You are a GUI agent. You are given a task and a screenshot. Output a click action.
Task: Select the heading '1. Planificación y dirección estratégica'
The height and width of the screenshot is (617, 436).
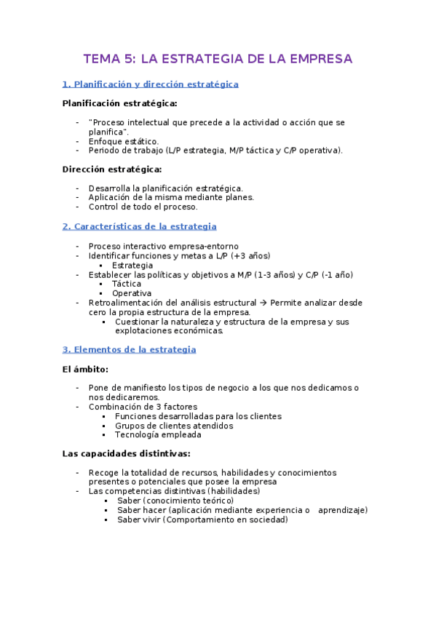(x=151, y=84)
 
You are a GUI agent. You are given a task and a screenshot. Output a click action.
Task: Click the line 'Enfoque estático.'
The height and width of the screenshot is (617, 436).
(x=123, y=141)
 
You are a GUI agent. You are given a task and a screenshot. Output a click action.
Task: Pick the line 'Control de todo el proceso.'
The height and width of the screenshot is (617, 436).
(x=143, y=207)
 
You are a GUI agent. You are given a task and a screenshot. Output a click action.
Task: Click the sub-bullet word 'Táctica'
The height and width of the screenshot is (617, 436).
(x=127, y=284)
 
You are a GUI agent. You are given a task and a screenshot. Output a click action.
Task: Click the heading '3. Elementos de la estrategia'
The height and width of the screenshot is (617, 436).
(x=130, y=350)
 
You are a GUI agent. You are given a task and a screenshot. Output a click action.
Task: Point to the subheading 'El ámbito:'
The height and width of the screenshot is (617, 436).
(x=85, y=369)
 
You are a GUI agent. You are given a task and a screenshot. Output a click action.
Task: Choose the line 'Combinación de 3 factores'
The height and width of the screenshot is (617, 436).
(x=143, y=407)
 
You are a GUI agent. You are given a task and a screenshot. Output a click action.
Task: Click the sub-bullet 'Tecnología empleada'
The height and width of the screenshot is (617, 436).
(x=158, y=435)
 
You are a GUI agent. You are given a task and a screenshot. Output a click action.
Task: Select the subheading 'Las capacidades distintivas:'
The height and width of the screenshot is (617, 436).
(x=126, y=454)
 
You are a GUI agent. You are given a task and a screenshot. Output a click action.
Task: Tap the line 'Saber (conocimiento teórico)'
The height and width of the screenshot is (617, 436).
(x=175, y=501)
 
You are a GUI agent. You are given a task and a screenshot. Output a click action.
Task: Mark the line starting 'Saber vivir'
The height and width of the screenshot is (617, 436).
(x=202, y=520)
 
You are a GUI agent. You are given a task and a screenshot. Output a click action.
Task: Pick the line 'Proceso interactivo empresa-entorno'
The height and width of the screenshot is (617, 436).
(x=163, y=247)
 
